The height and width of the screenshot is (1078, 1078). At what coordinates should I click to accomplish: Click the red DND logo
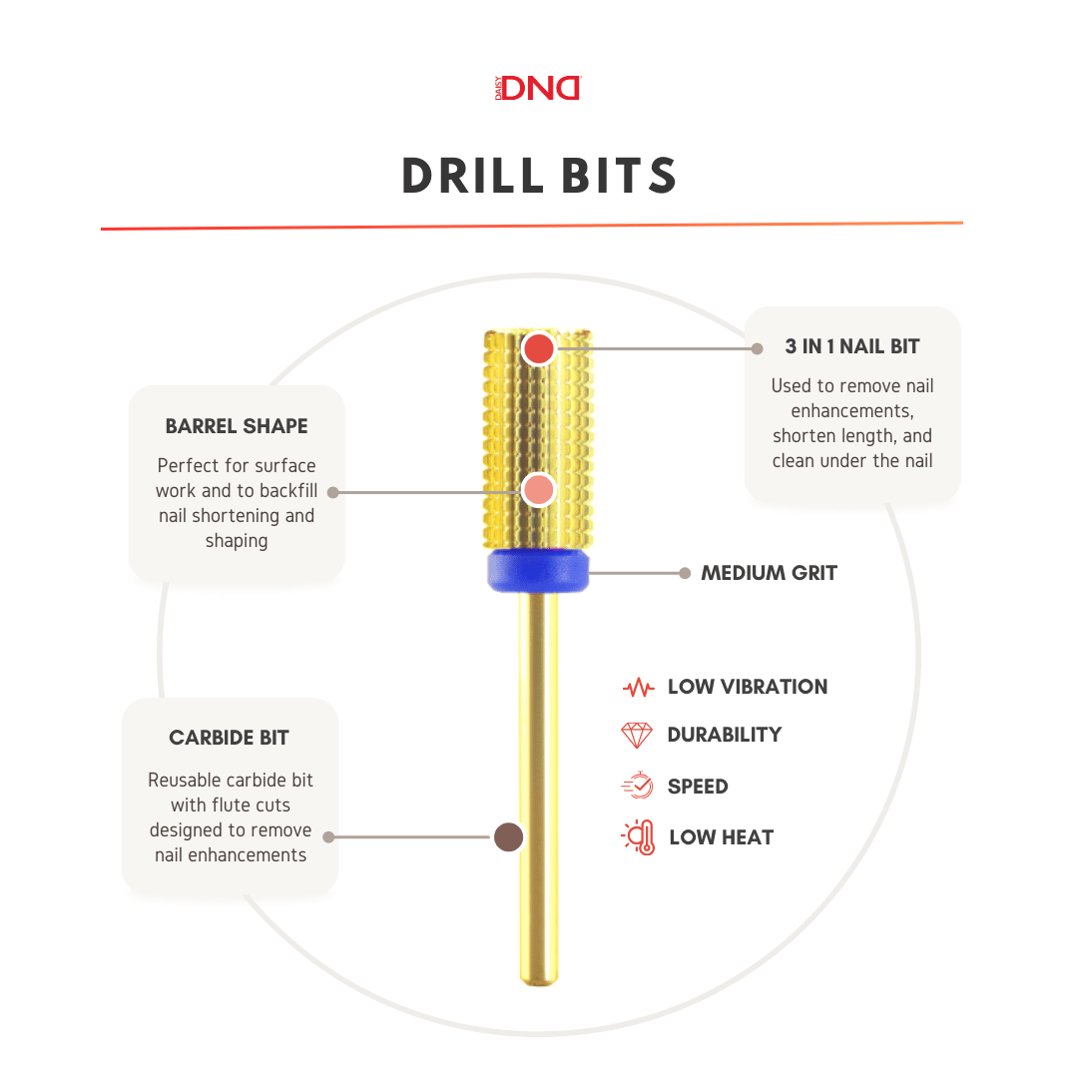coord(538,88)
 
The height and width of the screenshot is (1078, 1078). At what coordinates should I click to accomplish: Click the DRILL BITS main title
coord(540,176)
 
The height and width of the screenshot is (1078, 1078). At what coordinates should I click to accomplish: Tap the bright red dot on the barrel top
coord(538,348)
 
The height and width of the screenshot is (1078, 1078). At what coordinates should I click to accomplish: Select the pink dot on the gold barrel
coord(538,490)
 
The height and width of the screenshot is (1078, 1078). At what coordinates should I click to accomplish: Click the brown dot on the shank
coord(509,836)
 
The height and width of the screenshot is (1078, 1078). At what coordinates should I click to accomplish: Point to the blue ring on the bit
coord(538,570)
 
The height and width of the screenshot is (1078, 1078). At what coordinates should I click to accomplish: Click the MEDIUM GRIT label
coord(769,573)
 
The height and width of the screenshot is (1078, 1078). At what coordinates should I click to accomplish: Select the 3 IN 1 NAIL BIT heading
coord(852,346)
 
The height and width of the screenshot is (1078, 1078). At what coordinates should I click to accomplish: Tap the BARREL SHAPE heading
coord(237,426)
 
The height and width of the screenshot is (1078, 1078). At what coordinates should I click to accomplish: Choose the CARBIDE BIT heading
coord(229,738)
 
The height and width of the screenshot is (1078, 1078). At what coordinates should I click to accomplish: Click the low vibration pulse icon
coord(638,687)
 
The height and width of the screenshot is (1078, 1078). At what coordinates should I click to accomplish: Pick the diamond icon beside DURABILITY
coord(637,735)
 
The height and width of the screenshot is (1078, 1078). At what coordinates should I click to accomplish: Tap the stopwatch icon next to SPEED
coord(637,786)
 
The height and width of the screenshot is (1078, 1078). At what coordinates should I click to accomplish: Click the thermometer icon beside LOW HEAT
coord(639,836)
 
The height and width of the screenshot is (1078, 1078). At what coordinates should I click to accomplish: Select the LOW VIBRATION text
coord(748,687)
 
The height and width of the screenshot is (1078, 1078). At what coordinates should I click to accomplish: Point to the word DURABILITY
coord(725,735)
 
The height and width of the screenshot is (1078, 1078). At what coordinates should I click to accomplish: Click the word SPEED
coord(698,787)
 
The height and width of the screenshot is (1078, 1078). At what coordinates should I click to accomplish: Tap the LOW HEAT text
coord(722,837)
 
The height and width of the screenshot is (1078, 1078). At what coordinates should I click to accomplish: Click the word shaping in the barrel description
coord(237,541)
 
